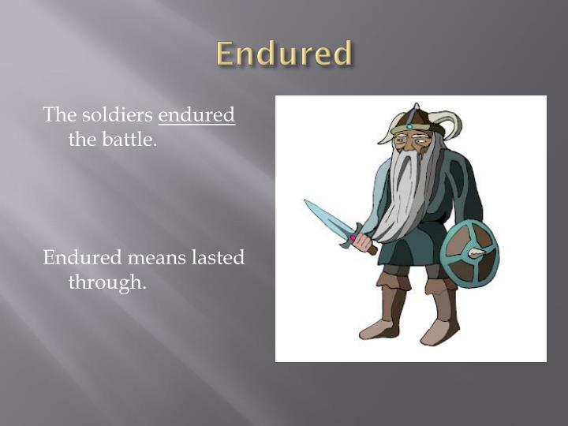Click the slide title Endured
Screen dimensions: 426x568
tap(284, 54)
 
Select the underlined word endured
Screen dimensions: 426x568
tap(196, 115)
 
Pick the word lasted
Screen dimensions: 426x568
tap(216, 257)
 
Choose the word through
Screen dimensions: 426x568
tap(107, 282)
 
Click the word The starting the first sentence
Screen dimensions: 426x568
tap(58, 115)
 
